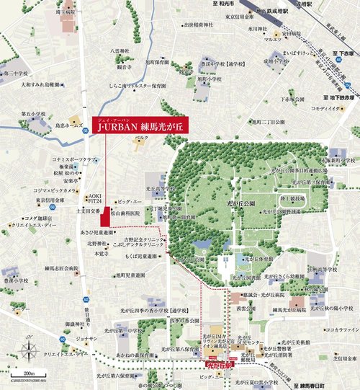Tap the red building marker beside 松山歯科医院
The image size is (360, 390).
pyautogui.click(x=105, y=215)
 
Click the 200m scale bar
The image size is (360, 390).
pyautogui.click(x=30, y=375)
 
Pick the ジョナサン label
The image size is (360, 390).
pyautogui.click(x=66, y=338)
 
